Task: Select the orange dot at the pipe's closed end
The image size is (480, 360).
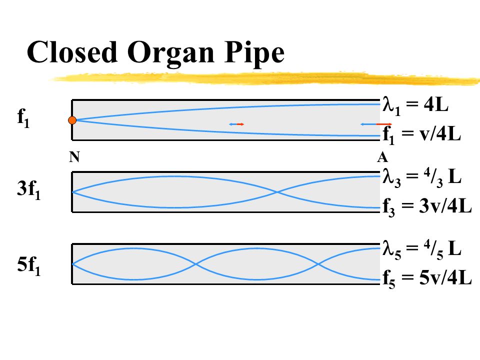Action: (x=72, y=120)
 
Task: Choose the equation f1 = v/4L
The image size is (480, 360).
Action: (x=421, y=134)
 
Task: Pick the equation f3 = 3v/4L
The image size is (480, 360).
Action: (x=427, y=206)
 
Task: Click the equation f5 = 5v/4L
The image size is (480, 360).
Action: (x=427, y=278)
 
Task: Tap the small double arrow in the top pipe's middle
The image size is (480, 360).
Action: (x=236, y=124)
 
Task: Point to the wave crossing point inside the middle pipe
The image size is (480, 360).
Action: (x=277, y=192)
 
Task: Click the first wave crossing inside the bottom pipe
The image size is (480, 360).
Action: (x=196, y=263)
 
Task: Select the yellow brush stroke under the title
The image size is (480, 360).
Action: (x=265, y=77)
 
